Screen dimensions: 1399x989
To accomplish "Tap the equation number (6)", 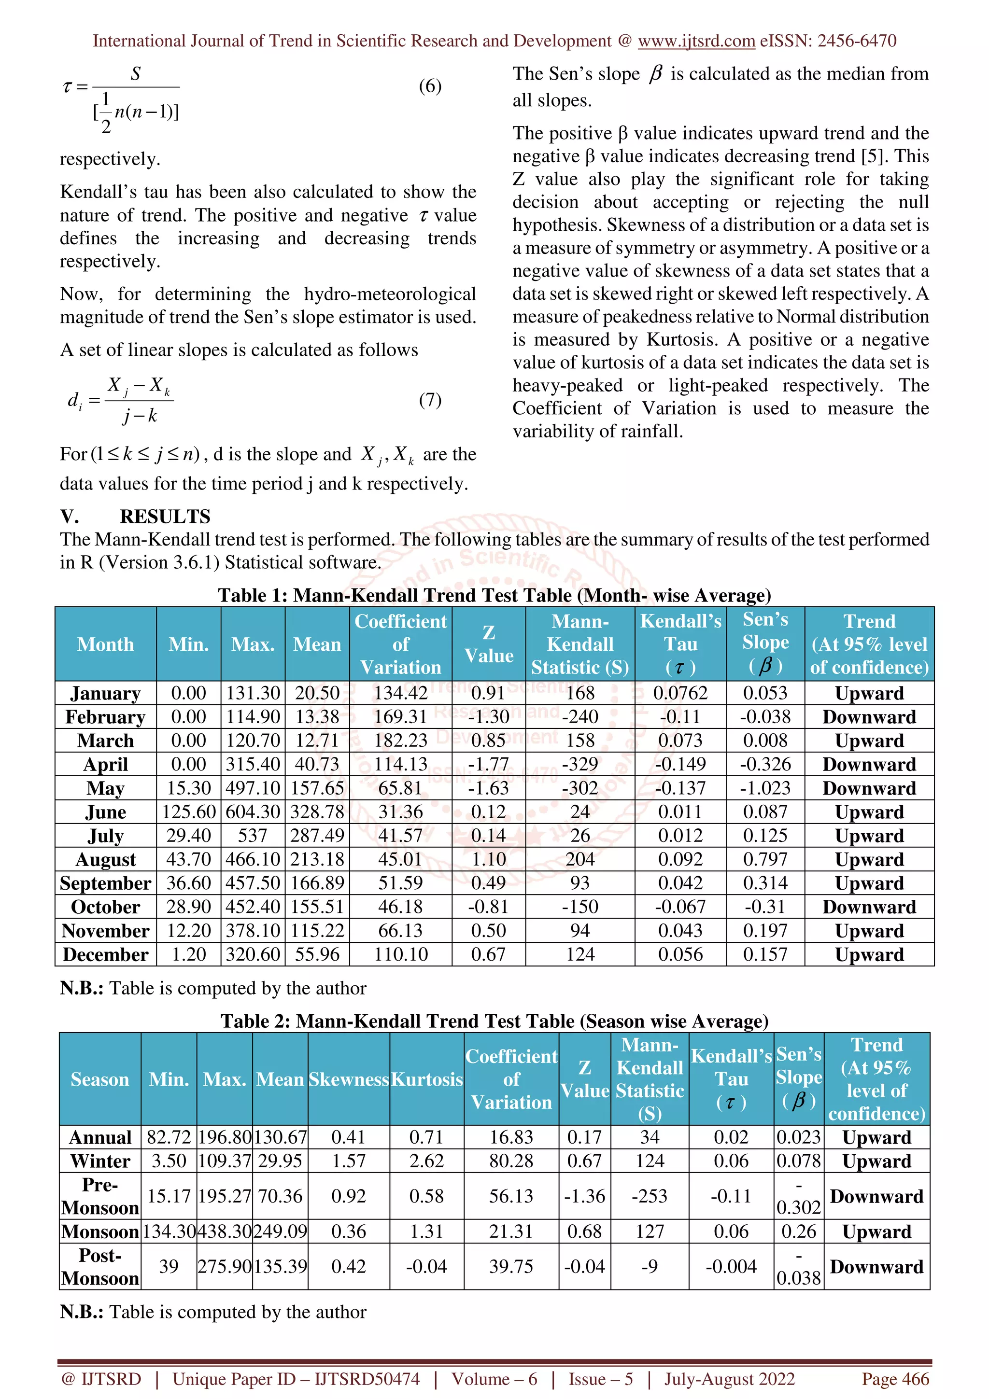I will [x=430, y=86].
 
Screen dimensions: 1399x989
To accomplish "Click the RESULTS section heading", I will [x=165, y=516].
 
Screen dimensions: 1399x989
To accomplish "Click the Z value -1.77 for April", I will [x=488, y=764].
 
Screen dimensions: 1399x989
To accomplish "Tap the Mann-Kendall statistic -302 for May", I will [x=579, y=788].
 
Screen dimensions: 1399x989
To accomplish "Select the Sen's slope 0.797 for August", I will [x=765, y=859].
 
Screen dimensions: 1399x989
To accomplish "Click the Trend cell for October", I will [x=869, y=907].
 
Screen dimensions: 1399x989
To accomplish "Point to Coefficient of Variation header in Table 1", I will [x=400, y=644].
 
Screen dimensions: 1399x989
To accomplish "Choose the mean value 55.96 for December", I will [x=317, y=954].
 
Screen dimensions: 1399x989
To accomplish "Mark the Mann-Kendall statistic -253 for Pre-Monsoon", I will [x=650, y=1196].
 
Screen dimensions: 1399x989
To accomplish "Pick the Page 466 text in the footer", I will [x=894, y=1378].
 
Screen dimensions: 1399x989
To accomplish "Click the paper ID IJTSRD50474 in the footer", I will [x=367, y=1378].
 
